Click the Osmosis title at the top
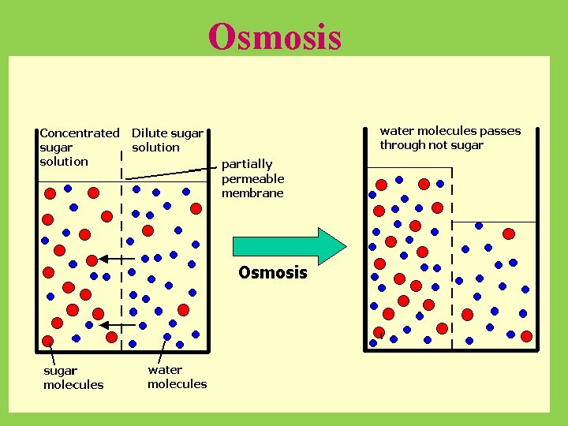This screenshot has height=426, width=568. (275, 36)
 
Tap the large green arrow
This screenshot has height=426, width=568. (289, 246)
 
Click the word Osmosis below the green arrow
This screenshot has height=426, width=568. (272, 273)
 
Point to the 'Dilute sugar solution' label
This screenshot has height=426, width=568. (167, 140)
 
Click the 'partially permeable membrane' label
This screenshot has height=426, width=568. (252, 178)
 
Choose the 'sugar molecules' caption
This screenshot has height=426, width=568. (73, 377)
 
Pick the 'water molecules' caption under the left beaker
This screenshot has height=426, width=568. (177, 376)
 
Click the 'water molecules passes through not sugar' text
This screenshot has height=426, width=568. (450, 137)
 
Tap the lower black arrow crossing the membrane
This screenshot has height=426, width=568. (115, 325)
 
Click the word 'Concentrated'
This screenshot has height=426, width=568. (79, 133)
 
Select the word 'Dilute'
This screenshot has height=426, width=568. (149, 133)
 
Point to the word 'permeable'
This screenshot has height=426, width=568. (252, 178)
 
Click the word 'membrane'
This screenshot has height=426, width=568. (252, 193)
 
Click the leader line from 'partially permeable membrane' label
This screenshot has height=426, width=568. (190, 170)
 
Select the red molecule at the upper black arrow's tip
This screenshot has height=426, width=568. (92, 259)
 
